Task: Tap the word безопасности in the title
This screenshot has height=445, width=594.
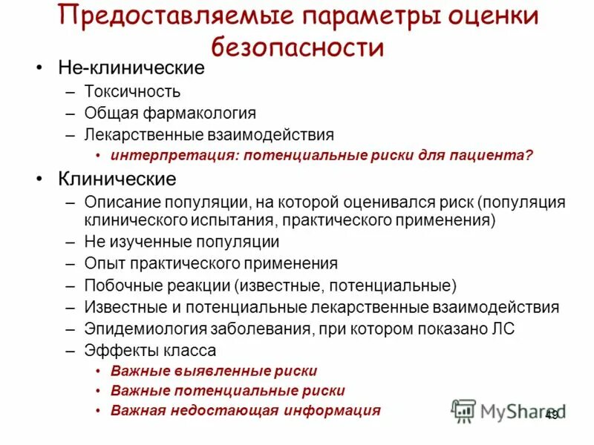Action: click(x=298, y=48)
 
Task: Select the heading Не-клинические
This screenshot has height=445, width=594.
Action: click(x=131, y=69)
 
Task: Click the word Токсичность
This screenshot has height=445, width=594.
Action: click(x=132, y=92)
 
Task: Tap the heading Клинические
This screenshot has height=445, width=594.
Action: click(x=117, y=179)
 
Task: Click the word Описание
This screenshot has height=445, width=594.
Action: click(x=119, y=202)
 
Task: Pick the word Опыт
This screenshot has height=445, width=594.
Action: click(x=104, y=263)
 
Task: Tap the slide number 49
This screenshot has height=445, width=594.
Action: click(x=552, y=415)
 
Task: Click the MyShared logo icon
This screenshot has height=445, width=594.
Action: click(x=464, y=411)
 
